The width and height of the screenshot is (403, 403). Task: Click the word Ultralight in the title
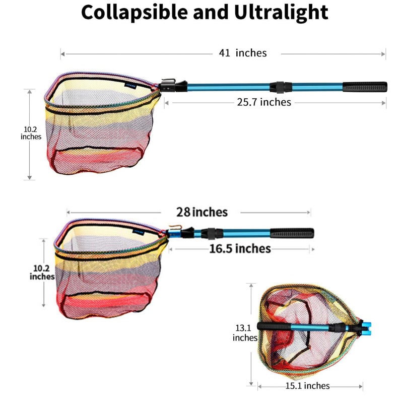click(x=281, y=12)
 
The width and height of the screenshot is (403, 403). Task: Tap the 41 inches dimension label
click(x=243, y=53)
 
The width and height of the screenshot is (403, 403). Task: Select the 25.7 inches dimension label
click(x=264, y=102)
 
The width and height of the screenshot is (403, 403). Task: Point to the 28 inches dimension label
click(x=202, y=212)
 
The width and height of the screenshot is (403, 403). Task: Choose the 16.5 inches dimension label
click(x=240, y=249)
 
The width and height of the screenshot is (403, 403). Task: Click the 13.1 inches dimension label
click(x=244, y=332)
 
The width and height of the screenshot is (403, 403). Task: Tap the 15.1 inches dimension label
click(x=307, y=385)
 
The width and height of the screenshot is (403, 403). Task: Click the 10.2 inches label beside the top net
click(x=31, y=133)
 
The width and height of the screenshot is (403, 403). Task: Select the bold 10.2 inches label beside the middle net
click(x=42, y=272)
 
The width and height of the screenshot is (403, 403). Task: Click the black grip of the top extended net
click(x=365, y=87)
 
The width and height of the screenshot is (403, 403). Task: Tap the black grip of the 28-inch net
click(x=292, y=233)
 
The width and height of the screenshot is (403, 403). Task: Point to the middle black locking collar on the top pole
click(x=281, y=87)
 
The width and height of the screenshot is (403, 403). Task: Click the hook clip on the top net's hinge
click(x=169, y=81)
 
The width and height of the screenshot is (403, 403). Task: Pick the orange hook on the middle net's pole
click(x=175, y=227)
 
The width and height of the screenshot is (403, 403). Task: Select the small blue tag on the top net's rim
click(x=130, y=86)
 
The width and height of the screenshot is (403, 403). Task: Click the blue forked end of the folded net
click(x=367, y=329)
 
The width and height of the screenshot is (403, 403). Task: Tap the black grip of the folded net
click(x=274, y=326)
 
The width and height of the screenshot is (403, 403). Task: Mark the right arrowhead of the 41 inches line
click(x=383, y=54)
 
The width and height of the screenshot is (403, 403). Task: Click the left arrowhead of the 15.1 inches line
click(x=260, y=386)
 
